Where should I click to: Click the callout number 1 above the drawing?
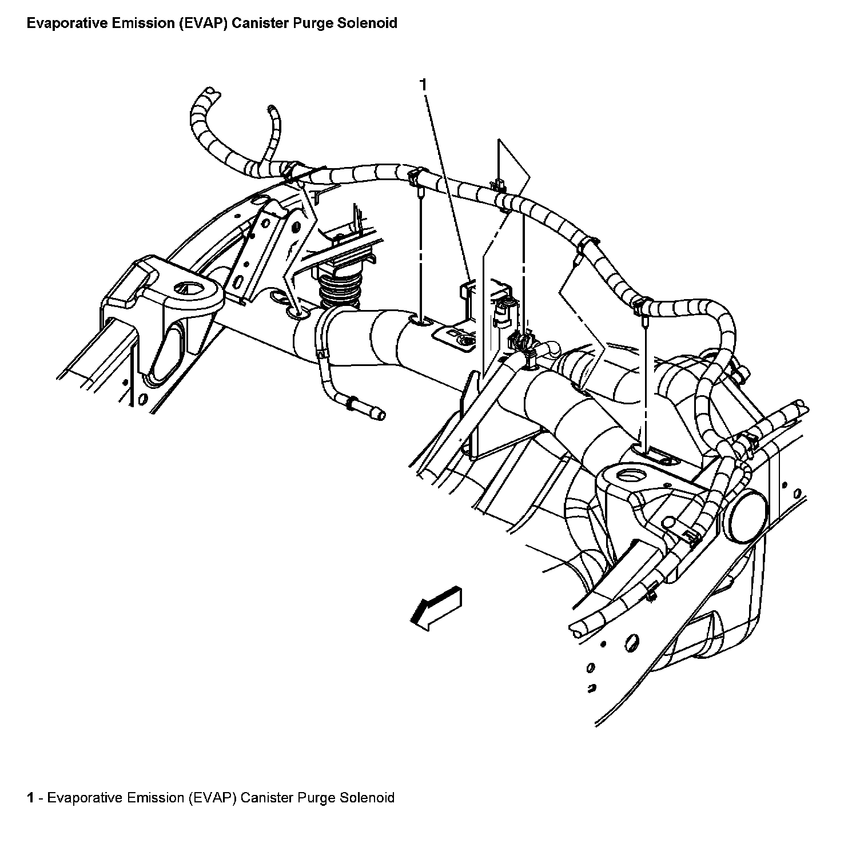(x=423, y=85)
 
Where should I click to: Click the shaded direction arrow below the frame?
(x=436, y=608)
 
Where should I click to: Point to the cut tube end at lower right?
(x=576, y=631)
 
